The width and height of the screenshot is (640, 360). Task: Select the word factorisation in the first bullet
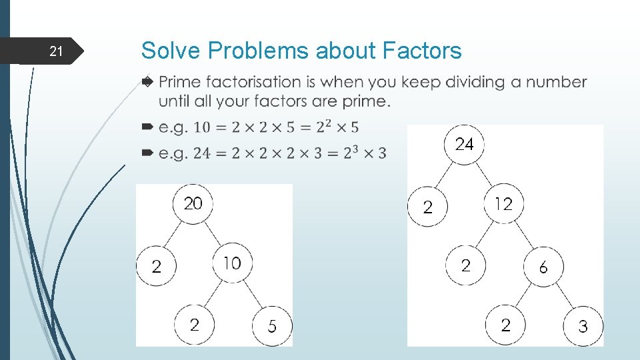pos(263,82)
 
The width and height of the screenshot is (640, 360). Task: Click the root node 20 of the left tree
pos(193,203)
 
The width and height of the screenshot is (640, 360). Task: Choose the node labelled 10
pos(232,263)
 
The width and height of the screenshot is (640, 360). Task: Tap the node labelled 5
pos(271,326)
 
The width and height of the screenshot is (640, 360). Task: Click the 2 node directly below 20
pos(156,267)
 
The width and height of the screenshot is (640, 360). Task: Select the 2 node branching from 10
pos(194,325)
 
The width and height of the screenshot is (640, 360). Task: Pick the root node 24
pos(464,143)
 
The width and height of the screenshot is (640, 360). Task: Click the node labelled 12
pos(503,204)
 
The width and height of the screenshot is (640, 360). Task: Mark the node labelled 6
pos(543,267)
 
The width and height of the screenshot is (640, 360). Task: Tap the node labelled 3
pos(583,327)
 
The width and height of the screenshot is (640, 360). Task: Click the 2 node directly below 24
pos(427,207)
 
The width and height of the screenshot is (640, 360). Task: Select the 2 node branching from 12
pos(465,266)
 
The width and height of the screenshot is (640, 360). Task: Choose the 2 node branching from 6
pos(505,325)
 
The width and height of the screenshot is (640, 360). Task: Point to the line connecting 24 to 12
pos(484,174)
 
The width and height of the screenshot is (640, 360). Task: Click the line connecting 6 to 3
pos(563,297)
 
